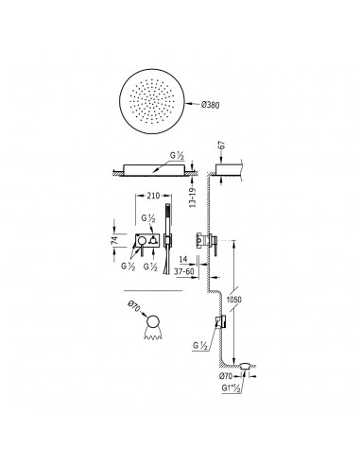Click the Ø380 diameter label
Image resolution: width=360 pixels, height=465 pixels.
click(x=211, y=104)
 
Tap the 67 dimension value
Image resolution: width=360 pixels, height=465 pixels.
click(x=222, y=145)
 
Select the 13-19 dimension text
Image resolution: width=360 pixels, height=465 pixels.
click(x=193, y=198)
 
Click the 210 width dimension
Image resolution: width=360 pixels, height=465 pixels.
click(x=153, y=196)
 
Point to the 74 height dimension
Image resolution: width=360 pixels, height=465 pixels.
click(x=114, y=240)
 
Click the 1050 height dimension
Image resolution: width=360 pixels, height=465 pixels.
click(x=234, y=300)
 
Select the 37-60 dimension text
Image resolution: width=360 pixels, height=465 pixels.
click(x=184, y=271)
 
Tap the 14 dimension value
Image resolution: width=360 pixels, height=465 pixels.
click(x=183, y=259)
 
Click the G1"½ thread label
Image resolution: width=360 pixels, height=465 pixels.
click(x=231, y=388)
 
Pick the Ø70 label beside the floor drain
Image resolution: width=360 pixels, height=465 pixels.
click(x=225, y=375)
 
